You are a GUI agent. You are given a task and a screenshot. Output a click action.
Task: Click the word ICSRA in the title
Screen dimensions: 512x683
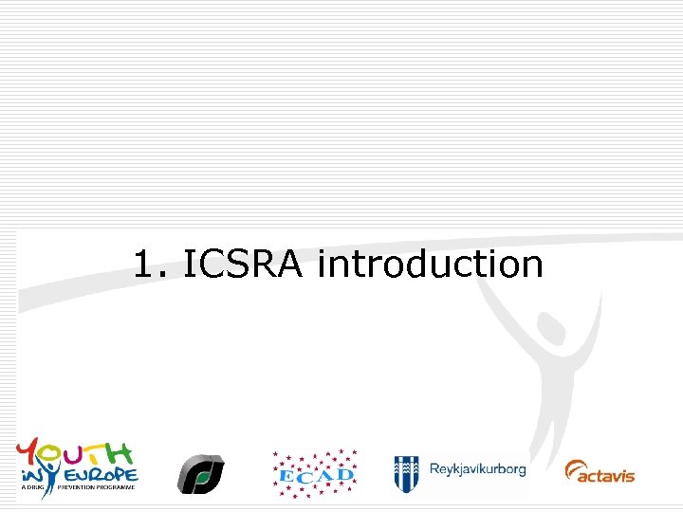pos(242,265)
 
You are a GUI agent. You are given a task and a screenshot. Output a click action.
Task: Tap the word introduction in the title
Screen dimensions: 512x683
pos(430,265)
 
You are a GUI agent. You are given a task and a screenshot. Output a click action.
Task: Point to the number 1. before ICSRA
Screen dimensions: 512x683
pos(151,265)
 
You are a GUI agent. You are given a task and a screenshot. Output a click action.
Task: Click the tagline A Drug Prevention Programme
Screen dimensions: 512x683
pos(76,487)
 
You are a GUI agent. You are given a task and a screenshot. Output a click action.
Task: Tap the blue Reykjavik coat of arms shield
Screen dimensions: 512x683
pos(407,471)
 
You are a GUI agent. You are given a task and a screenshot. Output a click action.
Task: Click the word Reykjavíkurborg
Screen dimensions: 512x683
pos(477,469)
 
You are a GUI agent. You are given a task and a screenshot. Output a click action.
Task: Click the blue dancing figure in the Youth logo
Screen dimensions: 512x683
pos(38,472)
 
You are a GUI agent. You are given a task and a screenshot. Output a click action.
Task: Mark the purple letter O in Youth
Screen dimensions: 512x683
pos(52,453)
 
